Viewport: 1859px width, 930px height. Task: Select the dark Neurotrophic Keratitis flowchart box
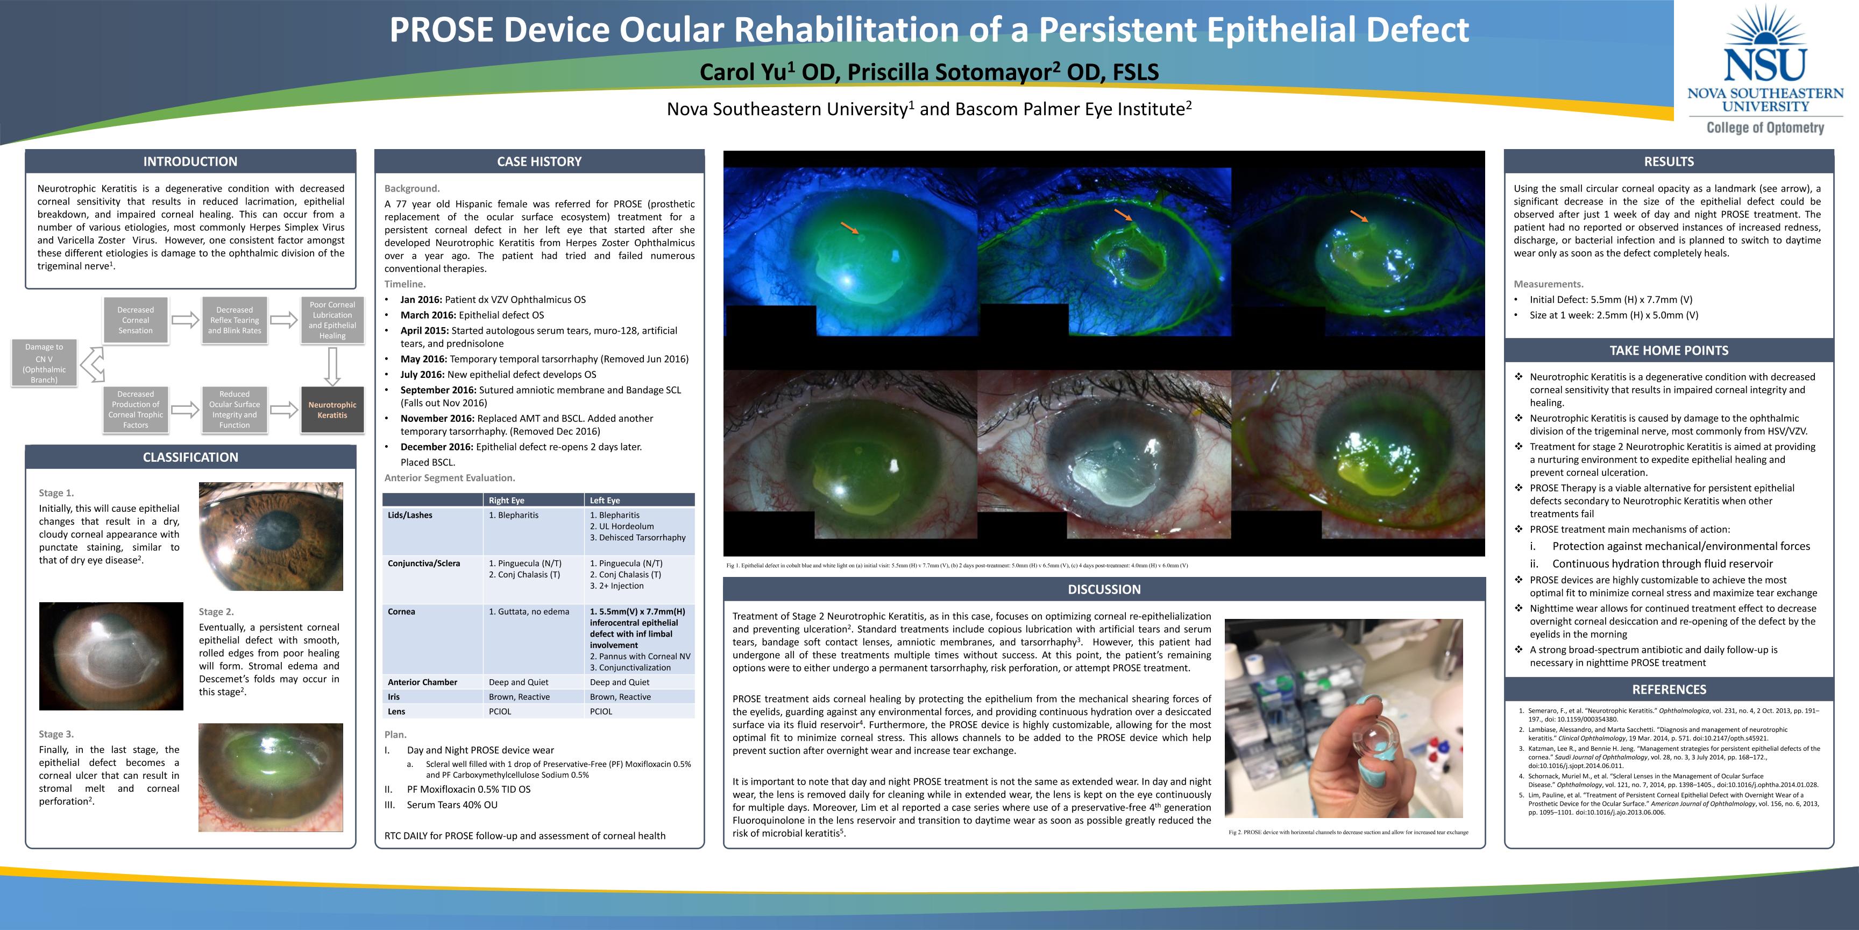pos(332,410)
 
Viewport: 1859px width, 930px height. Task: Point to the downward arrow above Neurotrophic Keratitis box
pos(332,366)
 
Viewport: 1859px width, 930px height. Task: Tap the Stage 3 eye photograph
pos(271,778)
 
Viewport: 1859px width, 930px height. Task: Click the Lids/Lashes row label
pos(410,516)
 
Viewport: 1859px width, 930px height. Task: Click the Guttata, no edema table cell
pos(529,611)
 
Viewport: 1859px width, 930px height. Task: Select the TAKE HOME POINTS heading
pos(1669,351)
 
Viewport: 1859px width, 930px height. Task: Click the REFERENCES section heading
pos(1669,689)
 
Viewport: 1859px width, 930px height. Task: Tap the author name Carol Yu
pos(743,72)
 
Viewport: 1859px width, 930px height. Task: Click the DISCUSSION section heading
pos(1104,589)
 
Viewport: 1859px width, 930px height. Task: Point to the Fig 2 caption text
pos(1348,833)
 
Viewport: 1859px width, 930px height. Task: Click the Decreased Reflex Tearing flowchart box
pos(235,320)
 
